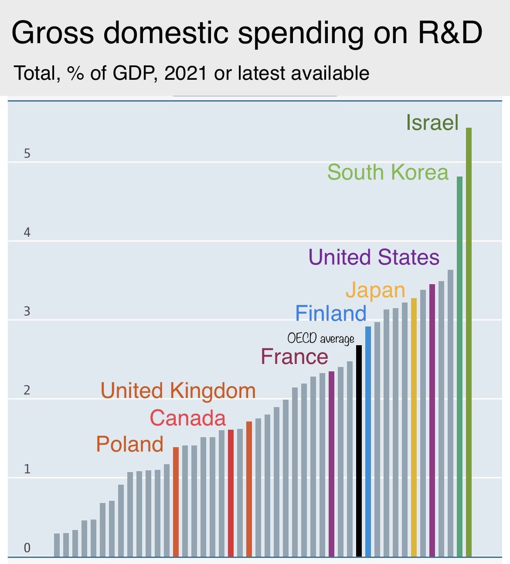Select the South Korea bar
pyautogui.click(x=459, y=366)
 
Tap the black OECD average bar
pyautogui.click(x=359, y=451)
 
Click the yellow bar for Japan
pyautogui.click(x=414, y=427)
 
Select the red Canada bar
pyautogui.click(x=231, y=493)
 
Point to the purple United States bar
pyautogui.click(x=432, y=420)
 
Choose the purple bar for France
pyautogui.click(x=331, y=464)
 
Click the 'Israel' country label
pyautogui.click(x=432, y=122)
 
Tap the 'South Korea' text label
pyautogui.click(x=388, y=172)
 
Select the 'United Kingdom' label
pyautogui.click(x=178, y=391)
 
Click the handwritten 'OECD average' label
pyautogui.click(x=321, y=339)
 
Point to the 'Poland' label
pyautogui.click(x=130, y=444)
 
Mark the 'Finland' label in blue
pyautogui.click(x=331, y=313)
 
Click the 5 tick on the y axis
pyautogui.click(x=27, y=154)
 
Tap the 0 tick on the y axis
pyautogui.click(x=27, y=548)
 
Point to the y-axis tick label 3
pyautogui.click(x=27, y=312)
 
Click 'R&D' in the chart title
pyautogui.click(x=450, y=33)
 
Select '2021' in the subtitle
pyautogui.click(x=186, y=73)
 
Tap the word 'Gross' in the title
pyautogui.click(x=52, y=33)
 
